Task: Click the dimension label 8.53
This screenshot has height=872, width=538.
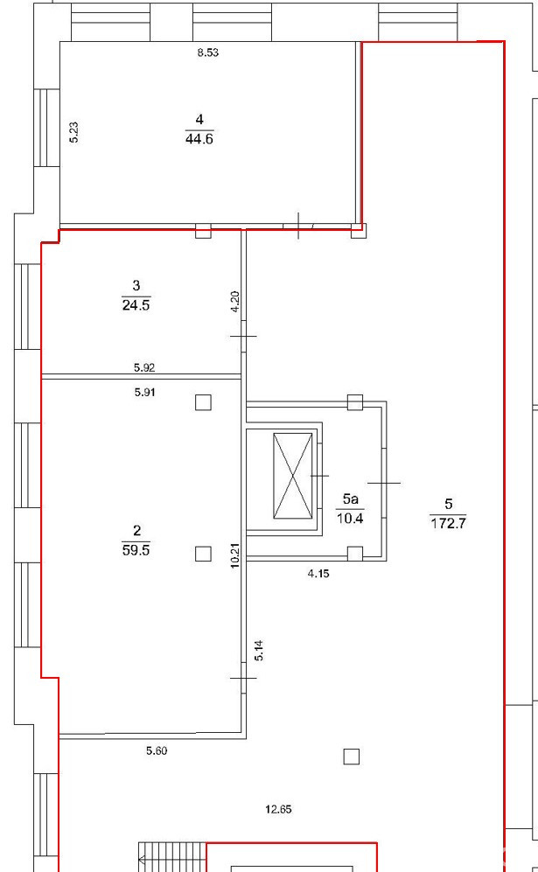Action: point(207,52)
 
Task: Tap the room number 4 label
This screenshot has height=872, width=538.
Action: point(199,119)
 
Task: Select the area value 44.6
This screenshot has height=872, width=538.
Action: point(199,139)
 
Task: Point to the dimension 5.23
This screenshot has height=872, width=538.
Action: point(74,133)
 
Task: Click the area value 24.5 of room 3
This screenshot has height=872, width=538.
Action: point(136,305)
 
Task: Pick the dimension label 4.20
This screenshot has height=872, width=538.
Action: point(235,302)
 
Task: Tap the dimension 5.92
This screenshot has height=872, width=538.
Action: point(144,367)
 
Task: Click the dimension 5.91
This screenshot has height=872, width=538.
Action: point(144,392)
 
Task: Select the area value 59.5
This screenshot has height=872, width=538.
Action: point(136,550)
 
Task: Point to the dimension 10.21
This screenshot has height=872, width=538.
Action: point(235,555)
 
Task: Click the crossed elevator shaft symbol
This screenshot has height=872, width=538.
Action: point(293,476)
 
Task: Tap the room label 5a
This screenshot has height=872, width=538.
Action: point(350,499)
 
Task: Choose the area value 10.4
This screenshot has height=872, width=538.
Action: point(350,519)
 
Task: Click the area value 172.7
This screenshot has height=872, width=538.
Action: point(448,523)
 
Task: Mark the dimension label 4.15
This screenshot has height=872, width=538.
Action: point(318,574)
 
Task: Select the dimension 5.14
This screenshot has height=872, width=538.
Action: point(259,651)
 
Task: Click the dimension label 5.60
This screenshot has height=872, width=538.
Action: point(157,750)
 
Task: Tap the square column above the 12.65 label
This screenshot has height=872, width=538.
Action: point(351,757)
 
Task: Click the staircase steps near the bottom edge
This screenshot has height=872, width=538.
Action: point(172,857)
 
